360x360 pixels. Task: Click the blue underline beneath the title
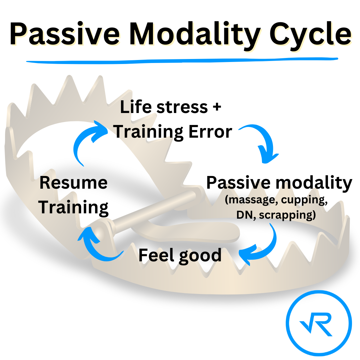(x=182, y=60)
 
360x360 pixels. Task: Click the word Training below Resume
(x=73, y=207)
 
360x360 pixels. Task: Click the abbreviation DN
(x=245, y=215)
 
